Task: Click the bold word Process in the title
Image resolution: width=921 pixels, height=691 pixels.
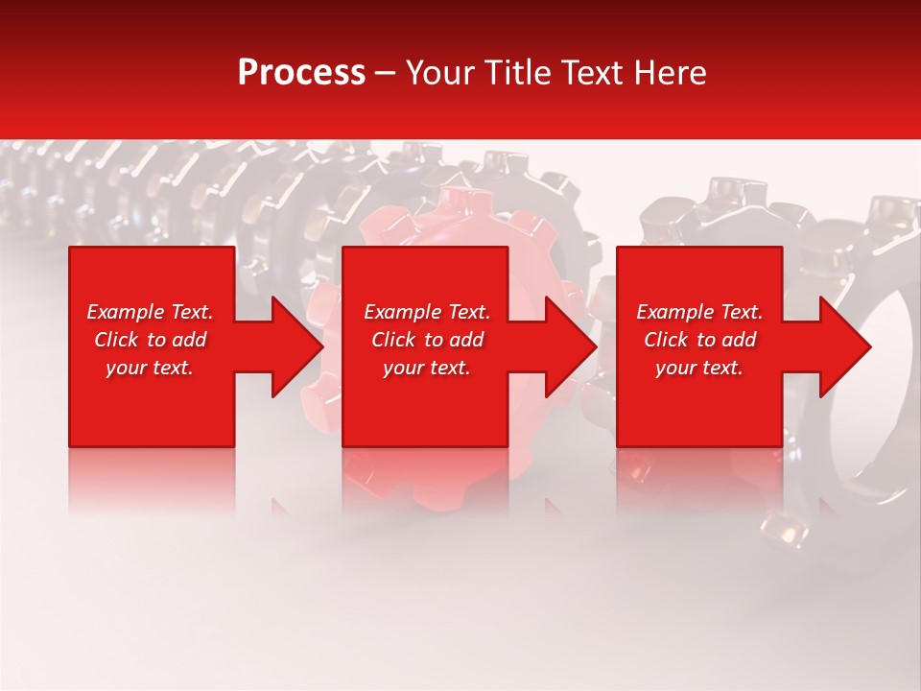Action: (301, 73)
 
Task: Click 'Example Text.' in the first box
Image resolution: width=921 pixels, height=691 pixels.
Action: (150, 312)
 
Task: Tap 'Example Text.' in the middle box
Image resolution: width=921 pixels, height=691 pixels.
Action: (427, 312)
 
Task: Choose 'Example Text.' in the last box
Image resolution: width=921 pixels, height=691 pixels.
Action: (699, 312)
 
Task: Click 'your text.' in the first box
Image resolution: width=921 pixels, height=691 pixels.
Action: (150, 368)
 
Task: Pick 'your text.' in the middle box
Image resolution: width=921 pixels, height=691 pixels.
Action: (427, 368)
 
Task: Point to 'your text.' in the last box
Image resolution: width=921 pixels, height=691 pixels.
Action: (699, 368)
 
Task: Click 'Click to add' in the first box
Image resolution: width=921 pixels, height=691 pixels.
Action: (150, 340)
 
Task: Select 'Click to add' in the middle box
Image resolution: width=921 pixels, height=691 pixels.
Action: (427, 340)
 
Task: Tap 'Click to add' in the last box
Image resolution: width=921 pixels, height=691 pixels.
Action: (699, 340)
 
